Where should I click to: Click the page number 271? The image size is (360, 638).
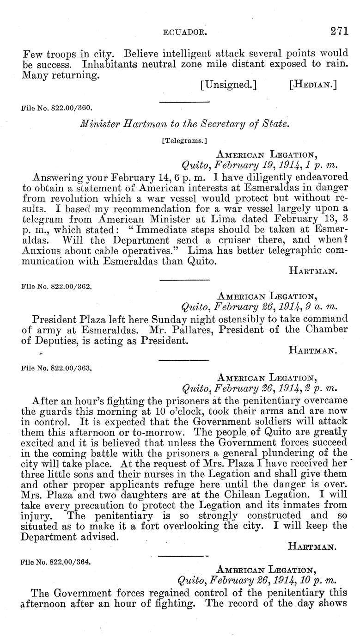click(x=339, y=31)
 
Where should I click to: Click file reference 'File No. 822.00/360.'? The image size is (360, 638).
click(x=57, y=109)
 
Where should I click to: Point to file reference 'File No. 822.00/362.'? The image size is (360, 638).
click(x=57, y=286)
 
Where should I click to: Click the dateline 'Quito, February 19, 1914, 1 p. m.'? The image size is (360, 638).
click(x=260, y=165)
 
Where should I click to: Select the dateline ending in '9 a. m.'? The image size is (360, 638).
click(x=260, y=306)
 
